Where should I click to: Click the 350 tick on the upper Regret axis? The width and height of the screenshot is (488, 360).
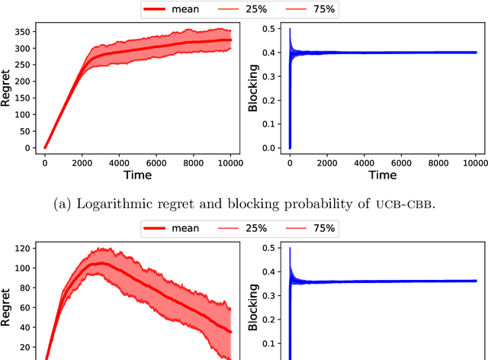click(22, 31)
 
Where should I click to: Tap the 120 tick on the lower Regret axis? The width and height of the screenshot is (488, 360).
click(22, 249)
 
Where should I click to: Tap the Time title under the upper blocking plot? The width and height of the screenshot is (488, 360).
click(382, 175)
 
